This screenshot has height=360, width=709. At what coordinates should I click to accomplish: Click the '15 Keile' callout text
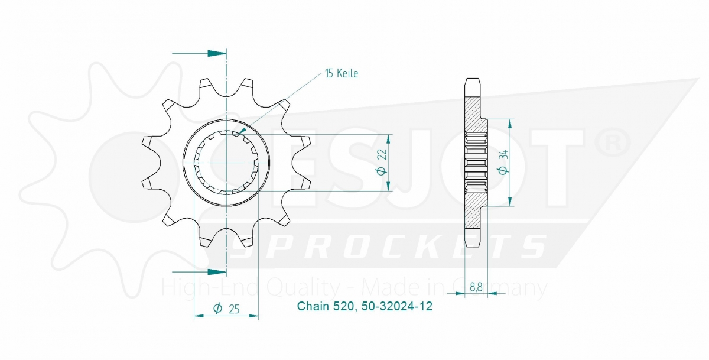point(342,74)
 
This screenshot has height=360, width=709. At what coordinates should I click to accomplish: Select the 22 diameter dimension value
point(382,155)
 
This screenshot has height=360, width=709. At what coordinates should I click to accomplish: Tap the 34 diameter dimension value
point(503,155)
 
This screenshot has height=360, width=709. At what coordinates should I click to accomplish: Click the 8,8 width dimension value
point(476,287)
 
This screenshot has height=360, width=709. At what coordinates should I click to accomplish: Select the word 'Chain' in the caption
point(312,307)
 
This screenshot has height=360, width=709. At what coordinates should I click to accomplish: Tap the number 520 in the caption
point(343,307)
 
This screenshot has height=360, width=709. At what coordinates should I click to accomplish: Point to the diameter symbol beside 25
point(217,308)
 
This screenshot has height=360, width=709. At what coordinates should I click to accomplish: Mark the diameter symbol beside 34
point(503,170)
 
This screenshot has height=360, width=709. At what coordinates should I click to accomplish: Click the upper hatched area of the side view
point(474,114)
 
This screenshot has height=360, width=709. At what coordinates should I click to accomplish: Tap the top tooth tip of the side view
point(472,80)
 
